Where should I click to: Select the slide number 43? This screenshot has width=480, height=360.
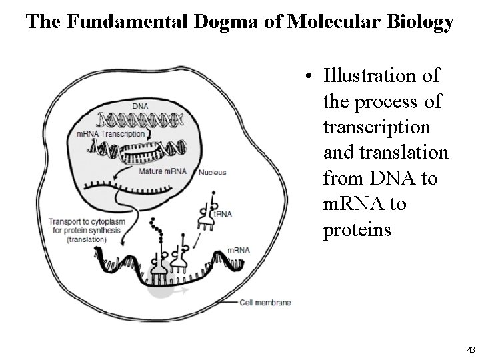tap(471, 349)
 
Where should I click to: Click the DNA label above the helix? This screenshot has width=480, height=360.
tap(140, 105)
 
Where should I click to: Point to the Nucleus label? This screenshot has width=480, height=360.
tap(212, 172)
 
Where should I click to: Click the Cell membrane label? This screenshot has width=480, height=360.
tap(265, 303)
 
